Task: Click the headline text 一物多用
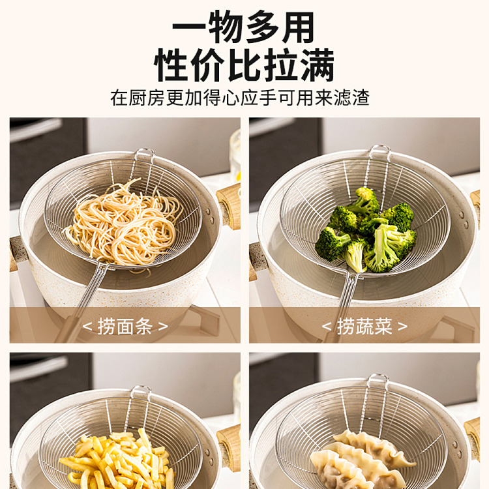(x=243, y=27)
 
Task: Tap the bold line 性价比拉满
(x=244, y=65)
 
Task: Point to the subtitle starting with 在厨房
(x=240, y=98)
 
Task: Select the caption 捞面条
(x=125, y=327)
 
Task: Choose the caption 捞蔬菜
(x=364, y=327)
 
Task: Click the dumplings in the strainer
(x=362, y=461)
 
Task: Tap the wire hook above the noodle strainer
(x=144, y=155)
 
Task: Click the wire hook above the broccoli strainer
(x=379, y=152)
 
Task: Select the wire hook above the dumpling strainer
(x=378, y=381)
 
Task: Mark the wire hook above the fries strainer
(x=141, y=393)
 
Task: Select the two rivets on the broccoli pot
(x=466, y=219)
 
